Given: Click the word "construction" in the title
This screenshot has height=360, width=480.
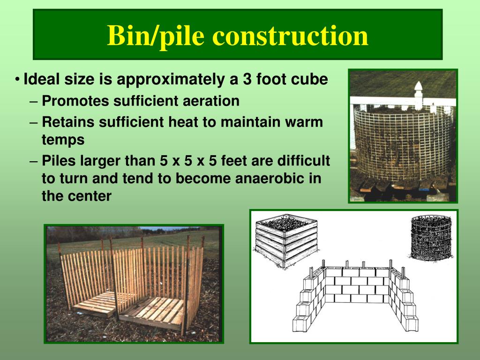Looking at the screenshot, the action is [290, 36].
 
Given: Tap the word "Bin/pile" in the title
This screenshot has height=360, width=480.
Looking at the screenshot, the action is [156, 36].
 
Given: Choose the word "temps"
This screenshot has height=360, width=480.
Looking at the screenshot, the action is [63, 140].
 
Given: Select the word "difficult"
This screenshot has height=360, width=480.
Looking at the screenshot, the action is [303, 161].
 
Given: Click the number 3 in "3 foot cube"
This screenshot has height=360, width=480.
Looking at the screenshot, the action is [247, 79].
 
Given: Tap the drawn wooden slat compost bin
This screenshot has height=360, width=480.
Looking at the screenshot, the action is [285, 240].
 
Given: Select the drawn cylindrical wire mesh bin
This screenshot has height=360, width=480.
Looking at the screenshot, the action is [431, 238].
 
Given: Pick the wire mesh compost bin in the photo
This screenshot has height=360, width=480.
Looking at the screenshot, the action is [403, 142].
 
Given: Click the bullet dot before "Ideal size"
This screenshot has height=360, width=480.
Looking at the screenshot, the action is [17, 80].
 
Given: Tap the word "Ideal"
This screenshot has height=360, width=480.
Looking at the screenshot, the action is [41, 79].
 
